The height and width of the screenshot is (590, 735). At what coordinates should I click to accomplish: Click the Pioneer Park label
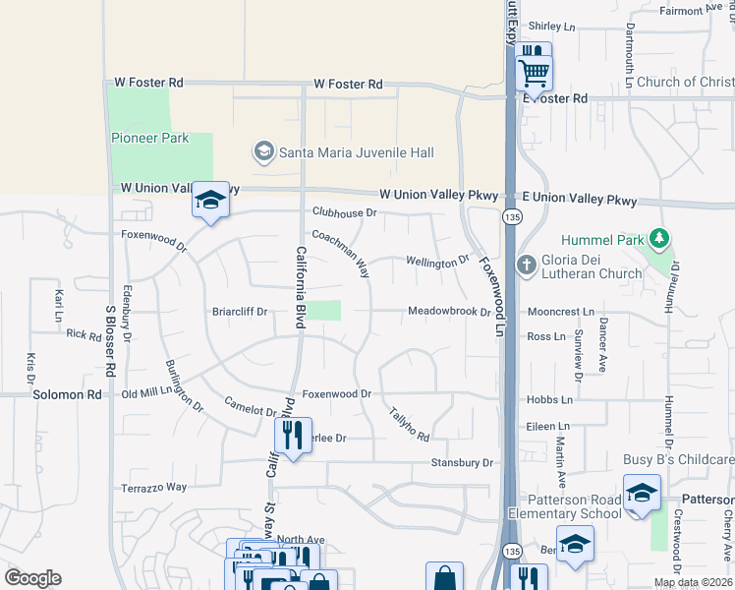(149, 139)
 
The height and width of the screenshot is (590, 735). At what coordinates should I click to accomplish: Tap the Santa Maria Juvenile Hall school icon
(263, 152)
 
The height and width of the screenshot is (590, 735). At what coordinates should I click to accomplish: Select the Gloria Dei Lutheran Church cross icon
(524, 266)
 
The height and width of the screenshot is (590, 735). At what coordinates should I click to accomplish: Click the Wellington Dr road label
(437, 263)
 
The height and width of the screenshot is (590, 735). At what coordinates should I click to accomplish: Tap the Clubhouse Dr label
(345, 212)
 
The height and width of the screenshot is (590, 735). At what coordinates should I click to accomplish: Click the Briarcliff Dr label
(240, 312)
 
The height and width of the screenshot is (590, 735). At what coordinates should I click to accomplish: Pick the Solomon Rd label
(67, 394)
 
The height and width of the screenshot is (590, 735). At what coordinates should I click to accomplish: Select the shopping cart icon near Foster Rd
(534, 72)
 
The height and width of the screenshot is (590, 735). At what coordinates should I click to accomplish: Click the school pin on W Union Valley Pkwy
(210, 201)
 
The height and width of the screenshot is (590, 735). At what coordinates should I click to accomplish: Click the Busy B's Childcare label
(678, 460)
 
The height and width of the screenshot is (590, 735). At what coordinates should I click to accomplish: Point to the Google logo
(32, 578)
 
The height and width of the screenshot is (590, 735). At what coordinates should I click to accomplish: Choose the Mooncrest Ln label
(560, 312)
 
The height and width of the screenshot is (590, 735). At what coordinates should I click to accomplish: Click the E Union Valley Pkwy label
(580, 201)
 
